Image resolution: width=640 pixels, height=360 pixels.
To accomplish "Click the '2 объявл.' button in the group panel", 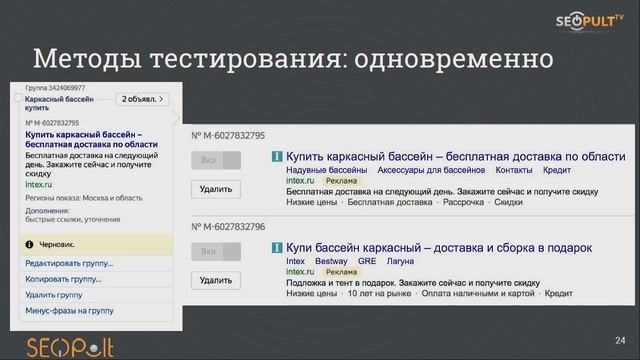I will (143, 99).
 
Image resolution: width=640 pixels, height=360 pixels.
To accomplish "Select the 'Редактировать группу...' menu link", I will (69, 264).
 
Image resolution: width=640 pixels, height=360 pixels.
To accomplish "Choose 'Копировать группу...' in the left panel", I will (63, 279).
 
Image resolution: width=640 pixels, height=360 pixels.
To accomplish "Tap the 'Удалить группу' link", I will (54, 295).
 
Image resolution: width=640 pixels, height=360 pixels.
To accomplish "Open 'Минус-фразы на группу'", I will (69, 311).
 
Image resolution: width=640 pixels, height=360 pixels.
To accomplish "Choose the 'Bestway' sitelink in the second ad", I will (331, 261).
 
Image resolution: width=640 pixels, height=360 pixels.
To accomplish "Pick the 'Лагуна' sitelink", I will (400, 261).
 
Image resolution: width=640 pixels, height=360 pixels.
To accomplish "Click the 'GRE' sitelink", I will (367, 261).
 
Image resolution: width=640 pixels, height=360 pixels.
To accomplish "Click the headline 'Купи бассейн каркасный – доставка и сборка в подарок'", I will (439, 247).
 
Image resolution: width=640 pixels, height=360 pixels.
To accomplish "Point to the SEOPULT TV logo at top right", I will (589, 22).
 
